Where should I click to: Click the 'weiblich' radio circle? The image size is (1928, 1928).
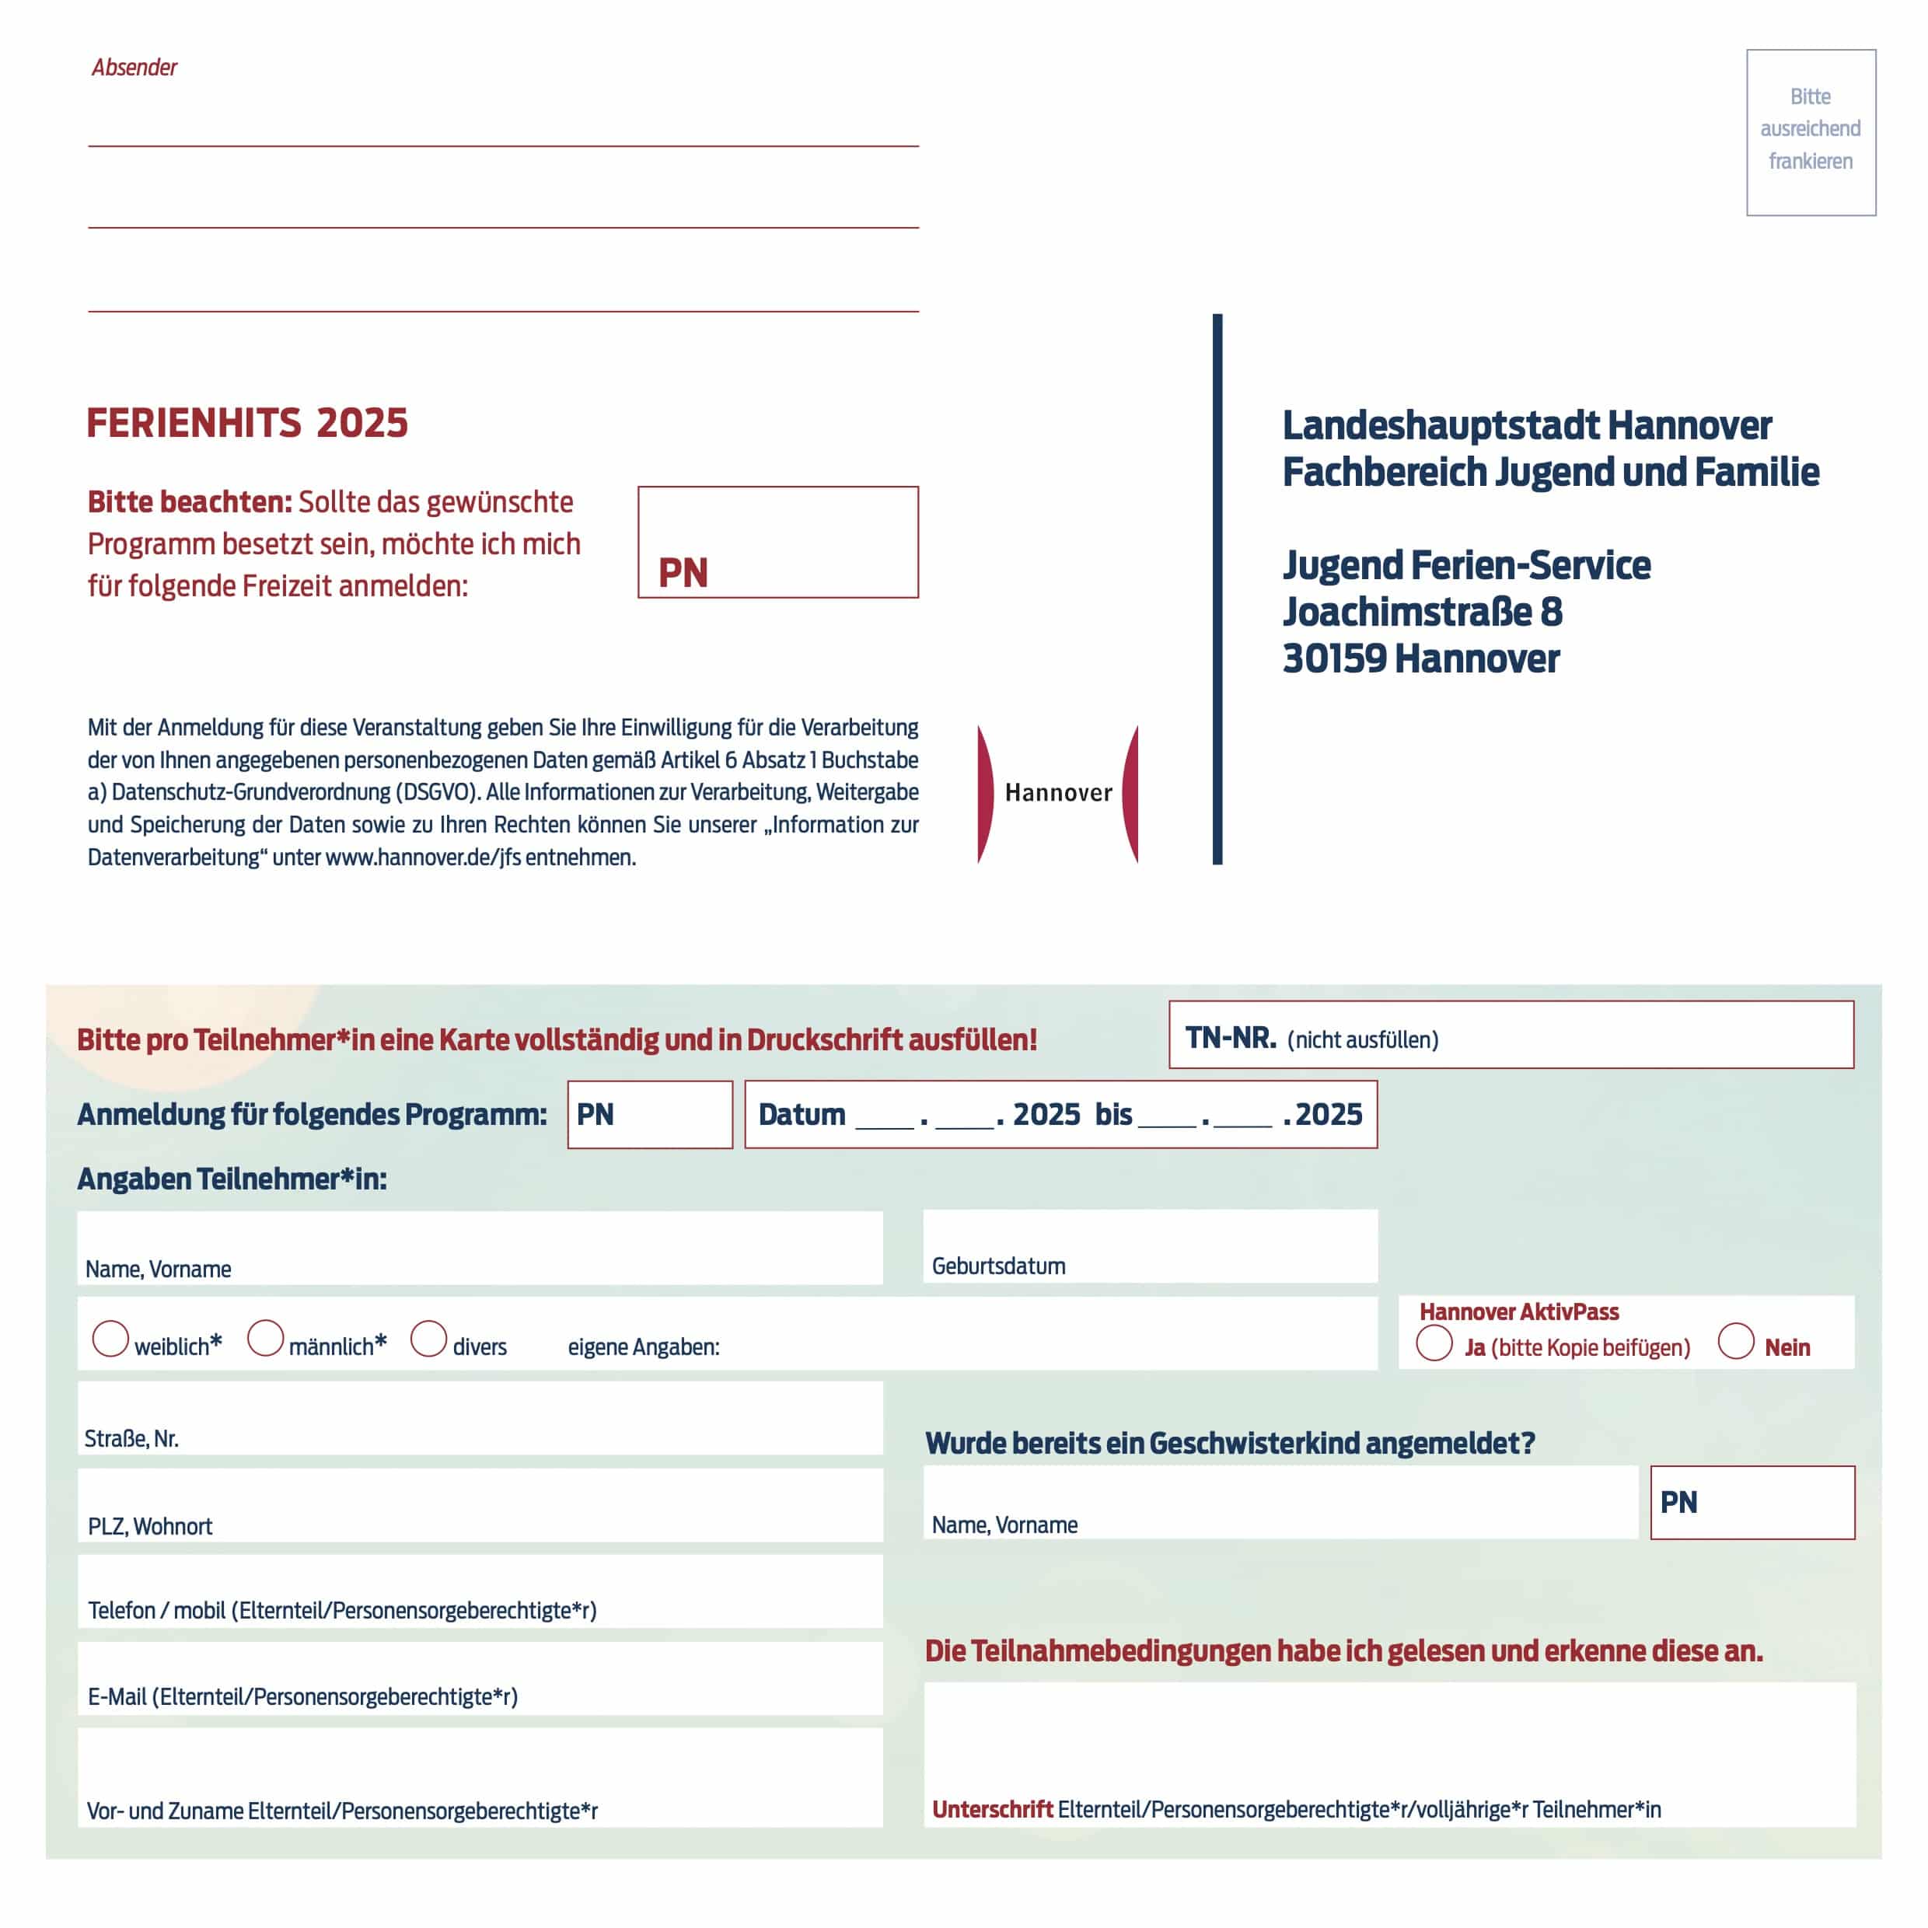click(x=110, y=1338)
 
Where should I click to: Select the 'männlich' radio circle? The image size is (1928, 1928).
click(x=265, y=1338)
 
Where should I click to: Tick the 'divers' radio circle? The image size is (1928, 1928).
click(x=429, y=1338)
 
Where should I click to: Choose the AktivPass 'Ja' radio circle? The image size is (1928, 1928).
click(x=1434, y=1343)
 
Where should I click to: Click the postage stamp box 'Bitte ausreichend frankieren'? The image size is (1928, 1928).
click(x=1811, y=131)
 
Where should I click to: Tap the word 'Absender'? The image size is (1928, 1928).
click(x=134, y=67)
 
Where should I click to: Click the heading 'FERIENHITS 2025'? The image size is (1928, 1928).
click(x=246, y=423)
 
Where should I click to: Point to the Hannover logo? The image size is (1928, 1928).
click(x=1058, y=793)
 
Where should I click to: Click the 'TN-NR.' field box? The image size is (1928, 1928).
click(x=1511, y=1035)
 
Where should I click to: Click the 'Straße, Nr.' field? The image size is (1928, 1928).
click(x=480, y=1417)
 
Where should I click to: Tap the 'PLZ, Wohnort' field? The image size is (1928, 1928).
click(x=480, y=1505)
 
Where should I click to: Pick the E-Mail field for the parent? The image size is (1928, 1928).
click(x=480, y=1679)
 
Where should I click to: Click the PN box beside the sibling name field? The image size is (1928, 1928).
click(x=1752, y=1502)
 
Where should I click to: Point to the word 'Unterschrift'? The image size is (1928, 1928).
click(x=992, y=1809)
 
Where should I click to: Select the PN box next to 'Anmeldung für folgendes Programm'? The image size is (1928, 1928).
click(x=650, y=1115)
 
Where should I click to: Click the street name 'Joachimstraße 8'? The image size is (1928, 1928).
click(x=1422, y=612)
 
